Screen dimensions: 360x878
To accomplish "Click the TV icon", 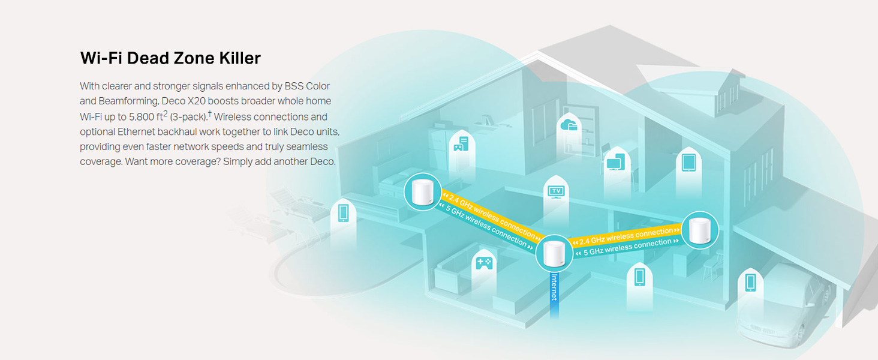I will click(556, 191).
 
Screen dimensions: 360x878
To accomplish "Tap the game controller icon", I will click(483, 262).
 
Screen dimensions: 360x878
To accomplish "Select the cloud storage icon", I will click(567, 125).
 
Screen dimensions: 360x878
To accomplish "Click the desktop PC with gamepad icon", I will click(461, 143).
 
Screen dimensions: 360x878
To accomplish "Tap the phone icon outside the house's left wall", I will click(343, 212).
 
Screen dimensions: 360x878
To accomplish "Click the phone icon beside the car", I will click(750, 281).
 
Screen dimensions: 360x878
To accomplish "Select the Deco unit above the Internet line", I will click(554, 254).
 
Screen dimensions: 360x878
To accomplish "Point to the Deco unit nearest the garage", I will click(700, 229).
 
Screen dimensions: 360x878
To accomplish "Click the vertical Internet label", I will click(554, 287).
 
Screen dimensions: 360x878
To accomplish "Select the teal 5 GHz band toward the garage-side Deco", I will click(624, 247).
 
